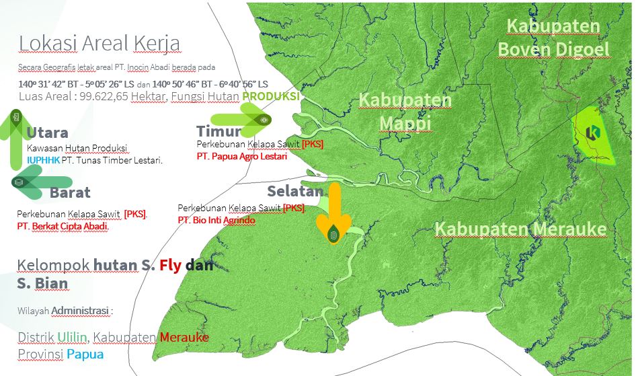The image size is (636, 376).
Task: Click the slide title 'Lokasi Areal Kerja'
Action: coord(99,43)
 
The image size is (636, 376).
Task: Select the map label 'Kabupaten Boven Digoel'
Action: coord(553,38)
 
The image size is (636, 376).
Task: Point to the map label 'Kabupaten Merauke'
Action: coord(520,229)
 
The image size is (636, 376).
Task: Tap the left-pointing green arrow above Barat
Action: coord(40,182)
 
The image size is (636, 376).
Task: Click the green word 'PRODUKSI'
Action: coord(271,97)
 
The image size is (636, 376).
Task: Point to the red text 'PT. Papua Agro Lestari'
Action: coord(241,157)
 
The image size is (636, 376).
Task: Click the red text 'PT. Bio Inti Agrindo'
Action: coord(216,220)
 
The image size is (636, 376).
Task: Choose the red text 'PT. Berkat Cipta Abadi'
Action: coord(63,227)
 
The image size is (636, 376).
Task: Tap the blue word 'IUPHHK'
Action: coord(42,161)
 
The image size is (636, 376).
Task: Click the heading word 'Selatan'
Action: coord(295,191)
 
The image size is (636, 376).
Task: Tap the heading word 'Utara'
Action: coord(48,132)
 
